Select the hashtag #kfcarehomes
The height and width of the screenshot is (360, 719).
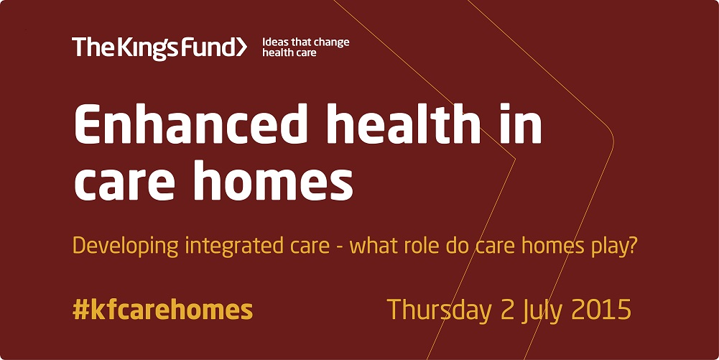tap(163, 310)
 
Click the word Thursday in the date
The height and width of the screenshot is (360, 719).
tap(438, 311)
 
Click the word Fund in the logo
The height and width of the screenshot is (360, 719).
tap(208, 47)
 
